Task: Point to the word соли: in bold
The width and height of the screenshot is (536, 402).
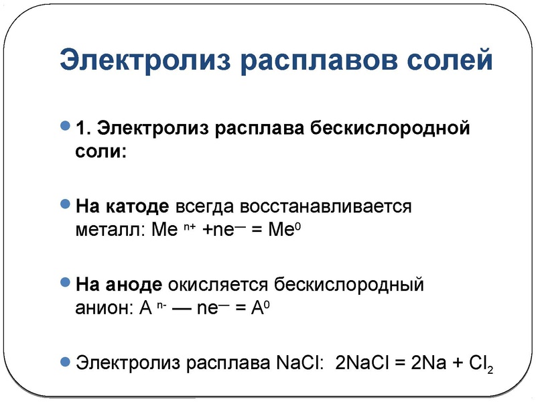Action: pos(100,151)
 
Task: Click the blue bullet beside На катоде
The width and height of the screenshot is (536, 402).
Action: pos(65,204)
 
